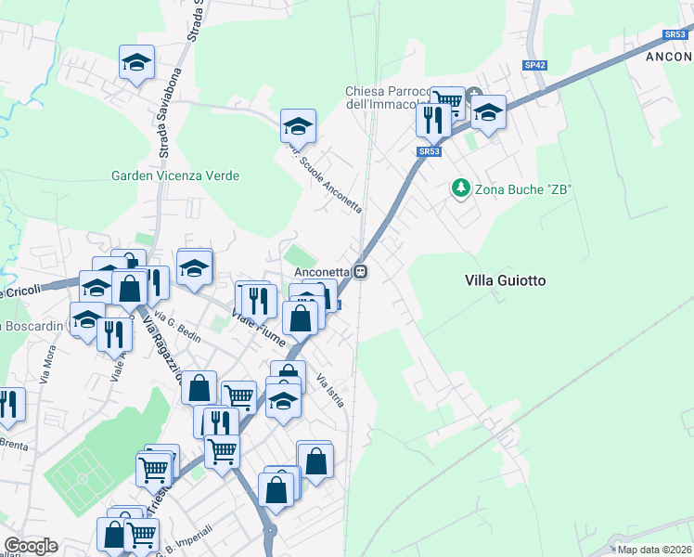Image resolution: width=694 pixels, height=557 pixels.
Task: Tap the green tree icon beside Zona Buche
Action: tap(460, 188)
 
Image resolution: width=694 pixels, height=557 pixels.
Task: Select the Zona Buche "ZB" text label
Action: tap(523, 189)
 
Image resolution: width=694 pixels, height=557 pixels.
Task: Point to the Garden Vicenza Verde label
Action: tap(175, 175)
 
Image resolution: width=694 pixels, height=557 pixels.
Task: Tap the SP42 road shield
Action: tap(534, 65)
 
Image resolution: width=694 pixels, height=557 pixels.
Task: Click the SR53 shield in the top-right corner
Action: tap(674, 34)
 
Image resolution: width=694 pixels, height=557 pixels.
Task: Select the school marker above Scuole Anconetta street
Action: tap(299, 126)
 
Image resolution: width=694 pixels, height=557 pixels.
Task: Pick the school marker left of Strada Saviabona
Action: tap(137, 63)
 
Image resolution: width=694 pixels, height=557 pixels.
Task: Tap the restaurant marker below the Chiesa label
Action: tap(433, 120)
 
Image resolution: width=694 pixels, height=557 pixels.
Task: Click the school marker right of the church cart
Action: tap(487, 112)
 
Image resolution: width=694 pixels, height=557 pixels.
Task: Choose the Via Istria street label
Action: tap(330, 390)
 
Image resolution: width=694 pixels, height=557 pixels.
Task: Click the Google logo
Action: tap(31, 546)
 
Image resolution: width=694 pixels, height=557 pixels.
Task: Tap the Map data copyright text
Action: tap(654, 550)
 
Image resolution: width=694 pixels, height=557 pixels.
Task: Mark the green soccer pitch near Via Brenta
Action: tap(80, 476)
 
